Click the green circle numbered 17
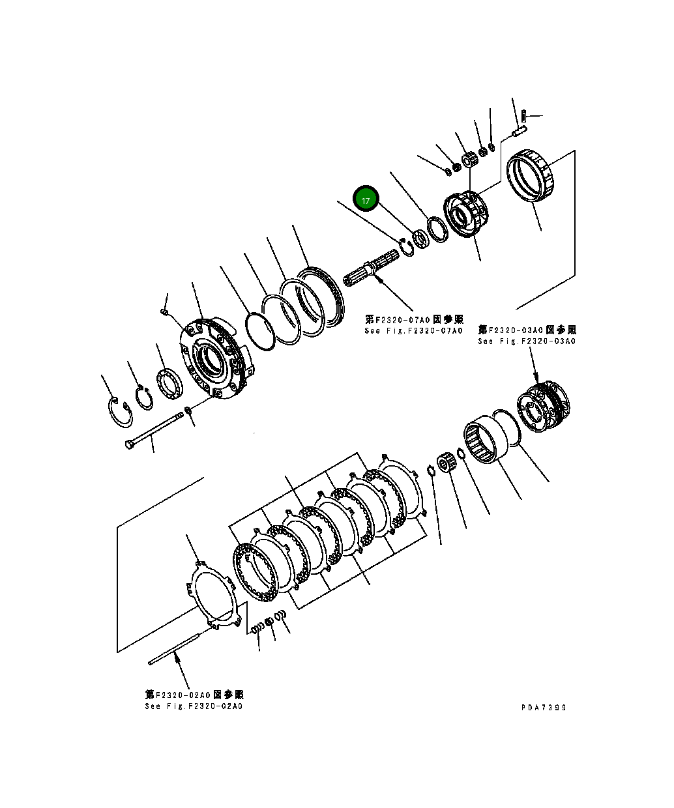click(366, 200)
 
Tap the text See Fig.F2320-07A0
click(413, 331)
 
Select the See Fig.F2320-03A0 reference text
click(526, 341)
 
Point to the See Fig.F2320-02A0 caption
click(194, 706)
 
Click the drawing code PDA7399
click(543, 708)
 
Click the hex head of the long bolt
click(130, 444)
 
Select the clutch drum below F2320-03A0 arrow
click(544, 409)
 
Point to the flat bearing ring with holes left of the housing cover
click(171, 384)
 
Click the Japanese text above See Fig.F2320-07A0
click(414, 319)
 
